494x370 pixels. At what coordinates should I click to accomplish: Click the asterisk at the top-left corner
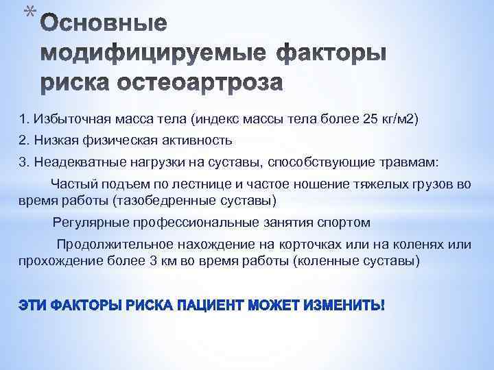(26, 11)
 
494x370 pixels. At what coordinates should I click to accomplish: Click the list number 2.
(23, 140)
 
